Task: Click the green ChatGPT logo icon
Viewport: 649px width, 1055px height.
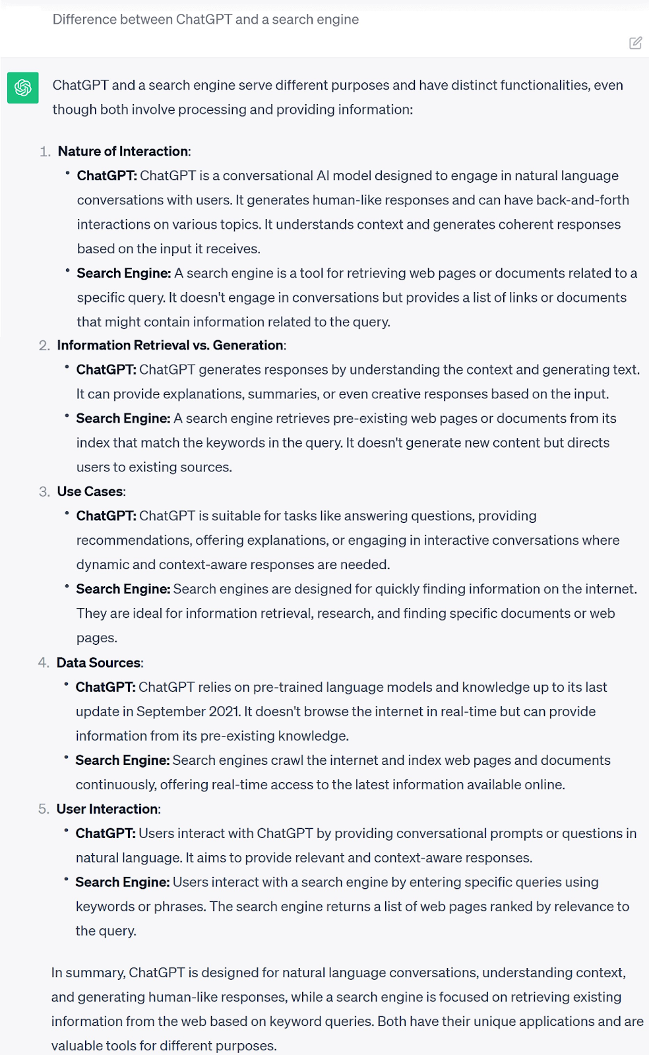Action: click(x=23, y=88)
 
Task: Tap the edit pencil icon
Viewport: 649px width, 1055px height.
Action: click(x=636, y=43)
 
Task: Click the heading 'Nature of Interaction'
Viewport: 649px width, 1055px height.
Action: click(x=123, y=151)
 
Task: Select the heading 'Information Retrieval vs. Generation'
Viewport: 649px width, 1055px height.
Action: click(x=170, y=345)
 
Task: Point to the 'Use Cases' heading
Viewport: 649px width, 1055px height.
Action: click(x=90, y=491)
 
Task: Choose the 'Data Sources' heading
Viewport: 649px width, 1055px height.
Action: click(x=99, y=663)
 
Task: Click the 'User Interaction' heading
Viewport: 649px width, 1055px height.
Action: click(x=108, y=809)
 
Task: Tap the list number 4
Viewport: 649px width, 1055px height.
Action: click(x=44, y=663)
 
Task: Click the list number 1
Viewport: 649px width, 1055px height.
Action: click(x=45, y=151)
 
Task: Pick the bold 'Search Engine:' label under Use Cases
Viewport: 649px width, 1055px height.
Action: click(x=123, y=589)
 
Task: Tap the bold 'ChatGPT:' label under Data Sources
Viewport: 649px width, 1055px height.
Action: click(x=106, y=687)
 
